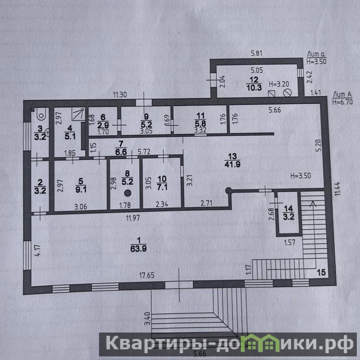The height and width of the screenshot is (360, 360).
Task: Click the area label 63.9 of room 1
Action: [x=139, y=249]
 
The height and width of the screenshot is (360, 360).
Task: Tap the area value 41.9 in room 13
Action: [x=233, y=164]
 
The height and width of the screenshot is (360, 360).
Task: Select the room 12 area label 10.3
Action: [x=254, y=87]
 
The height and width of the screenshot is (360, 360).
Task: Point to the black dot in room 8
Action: [x=128, y=193]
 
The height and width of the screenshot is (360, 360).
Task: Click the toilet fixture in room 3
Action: [x=41, y=114]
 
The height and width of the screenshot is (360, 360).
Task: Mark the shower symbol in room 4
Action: [x=78, y=114]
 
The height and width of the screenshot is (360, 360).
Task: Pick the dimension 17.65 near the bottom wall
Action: [x=147, y=275]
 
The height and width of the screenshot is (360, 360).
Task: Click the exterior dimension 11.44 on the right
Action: [x=337, y=189]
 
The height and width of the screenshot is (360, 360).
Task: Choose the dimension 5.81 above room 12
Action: [x=256, y=54]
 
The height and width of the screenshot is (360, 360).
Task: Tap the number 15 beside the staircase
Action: [x=321, y=272]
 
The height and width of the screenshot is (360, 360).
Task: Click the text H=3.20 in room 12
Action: [x=279, y=84]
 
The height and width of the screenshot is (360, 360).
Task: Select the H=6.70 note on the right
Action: [x=342, y=102]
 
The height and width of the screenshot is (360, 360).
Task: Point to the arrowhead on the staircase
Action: [x=312, y=204]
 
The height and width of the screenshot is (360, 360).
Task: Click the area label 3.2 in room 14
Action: [x=288, y=217]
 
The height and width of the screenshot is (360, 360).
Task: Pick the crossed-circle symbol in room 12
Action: [x=288, y=93]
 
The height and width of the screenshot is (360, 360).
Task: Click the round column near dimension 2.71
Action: [x=228, y=190]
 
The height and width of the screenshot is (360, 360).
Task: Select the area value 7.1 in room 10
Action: [x=162, y=187]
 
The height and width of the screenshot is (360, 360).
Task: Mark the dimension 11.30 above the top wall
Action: [x=120, y=94]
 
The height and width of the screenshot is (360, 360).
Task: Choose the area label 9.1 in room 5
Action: [x=81, y=190]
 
